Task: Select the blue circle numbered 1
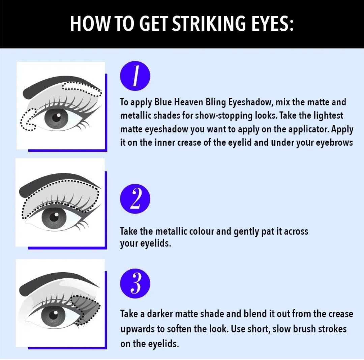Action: click(x=135, y=76)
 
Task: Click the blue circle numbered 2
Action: click(x=135, y=199)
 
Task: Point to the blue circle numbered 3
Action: click(x=135, y=283)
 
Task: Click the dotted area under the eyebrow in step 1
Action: click(x=82, y=89)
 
